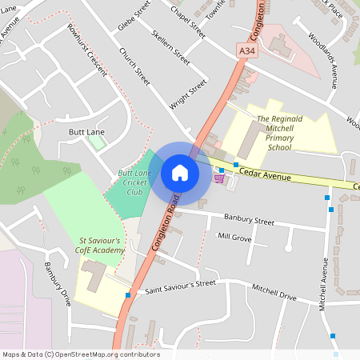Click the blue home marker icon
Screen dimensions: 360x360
click(x=180, y=172)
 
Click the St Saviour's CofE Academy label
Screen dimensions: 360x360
click(x=102, y=246)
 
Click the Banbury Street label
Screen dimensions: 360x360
click(x=249, y=220)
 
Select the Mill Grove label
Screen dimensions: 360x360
click(x=234, y=238)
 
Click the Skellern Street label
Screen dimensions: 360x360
click(x=170, y=48)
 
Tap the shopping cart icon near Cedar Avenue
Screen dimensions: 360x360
click(x=218, y=180)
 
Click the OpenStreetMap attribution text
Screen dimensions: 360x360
click(x=81, y=354)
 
